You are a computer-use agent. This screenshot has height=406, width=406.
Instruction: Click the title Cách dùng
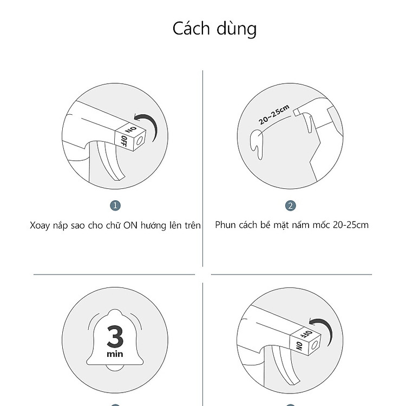(x=214, y=29)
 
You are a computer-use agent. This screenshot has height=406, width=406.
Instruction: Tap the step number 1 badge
(x=115, y=206)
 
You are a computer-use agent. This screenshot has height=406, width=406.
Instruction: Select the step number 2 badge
(x=291, y=206)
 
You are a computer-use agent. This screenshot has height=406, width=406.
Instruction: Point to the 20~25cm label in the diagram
(x=274, y=114)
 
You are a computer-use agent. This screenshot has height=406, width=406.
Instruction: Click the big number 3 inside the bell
(x=115, y=336)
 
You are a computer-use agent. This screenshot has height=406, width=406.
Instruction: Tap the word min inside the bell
(x=115, y=353)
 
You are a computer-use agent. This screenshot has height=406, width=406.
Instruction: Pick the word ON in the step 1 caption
(x=130, y=225)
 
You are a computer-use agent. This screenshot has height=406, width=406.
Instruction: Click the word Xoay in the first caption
(x=40, y=226)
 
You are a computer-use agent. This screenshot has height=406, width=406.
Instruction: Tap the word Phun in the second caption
(x=224, y=225)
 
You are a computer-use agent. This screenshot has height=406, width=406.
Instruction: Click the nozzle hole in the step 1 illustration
(x=140, y=141)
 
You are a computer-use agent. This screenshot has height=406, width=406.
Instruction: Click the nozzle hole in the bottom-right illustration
(x=315, y=345)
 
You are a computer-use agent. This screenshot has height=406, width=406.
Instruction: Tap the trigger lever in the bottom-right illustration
(x=285, y=365)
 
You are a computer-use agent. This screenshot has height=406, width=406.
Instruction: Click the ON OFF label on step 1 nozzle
(x=128, y=136)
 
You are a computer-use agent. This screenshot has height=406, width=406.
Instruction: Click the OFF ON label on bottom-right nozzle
(x=303, y=340)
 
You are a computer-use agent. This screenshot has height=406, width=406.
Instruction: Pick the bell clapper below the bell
(x=115, y=368)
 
